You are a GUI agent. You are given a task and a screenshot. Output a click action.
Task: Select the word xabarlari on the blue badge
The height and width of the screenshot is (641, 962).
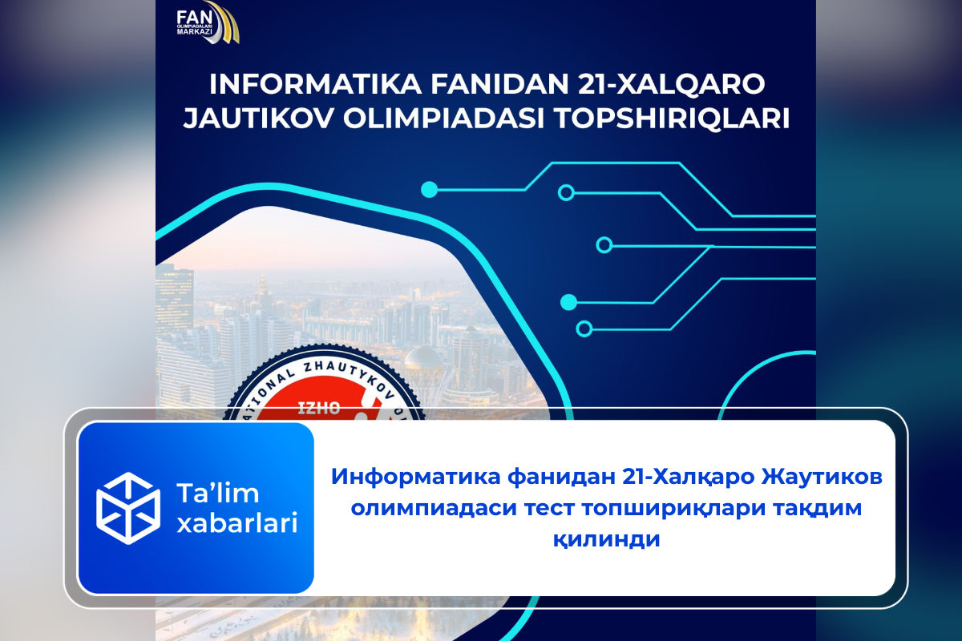[236, 523]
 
